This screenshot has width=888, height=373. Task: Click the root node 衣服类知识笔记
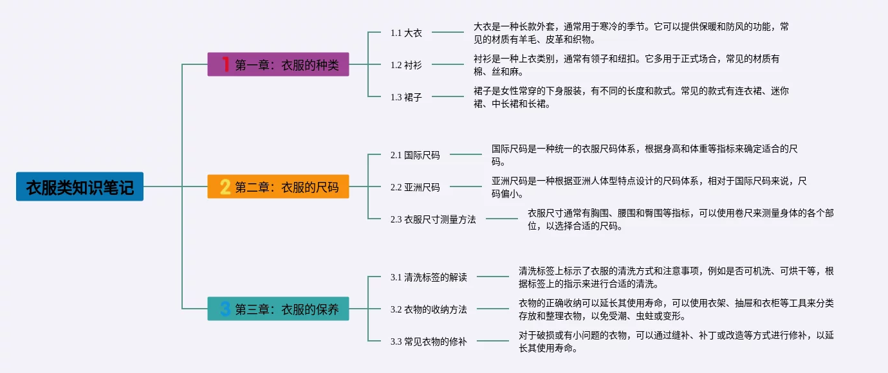coord(80,186)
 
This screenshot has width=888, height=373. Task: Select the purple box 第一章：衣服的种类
coord(278,64)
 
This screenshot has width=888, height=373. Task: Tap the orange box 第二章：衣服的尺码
coord(278,186)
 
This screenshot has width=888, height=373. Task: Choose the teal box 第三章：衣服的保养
coord(278,309)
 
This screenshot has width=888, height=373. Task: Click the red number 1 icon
coord(225,64)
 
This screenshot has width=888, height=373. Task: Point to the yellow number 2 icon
coord(225,186)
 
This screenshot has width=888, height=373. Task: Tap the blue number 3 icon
coord(225,309)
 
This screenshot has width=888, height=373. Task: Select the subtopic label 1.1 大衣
coord(406,33)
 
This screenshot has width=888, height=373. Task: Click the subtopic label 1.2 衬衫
coord(406,65)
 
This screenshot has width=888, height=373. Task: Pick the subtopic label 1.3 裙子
coord(406,97)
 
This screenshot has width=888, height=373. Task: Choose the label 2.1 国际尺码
coord(415,155)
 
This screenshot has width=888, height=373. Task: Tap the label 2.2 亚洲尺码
coord(415,187)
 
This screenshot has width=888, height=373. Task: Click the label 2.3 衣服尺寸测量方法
coord(433,219)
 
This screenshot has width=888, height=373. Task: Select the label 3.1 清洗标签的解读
coord(429,277)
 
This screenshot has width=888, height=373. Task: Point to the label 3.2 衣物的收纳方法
coord(429,309)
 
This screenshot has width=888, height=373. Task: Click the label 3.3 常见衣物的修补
coord(429,341)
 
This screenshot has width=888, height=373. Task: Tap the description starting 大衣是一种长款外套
coord(631,33)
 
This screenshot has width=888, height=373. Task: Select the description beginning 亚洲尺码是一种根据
coord(649,187)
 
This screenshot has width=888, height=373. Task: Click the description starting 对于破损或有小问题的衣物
coord(676,341)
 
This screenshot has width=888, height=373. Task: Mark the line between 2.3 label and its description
coord(502,219)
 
